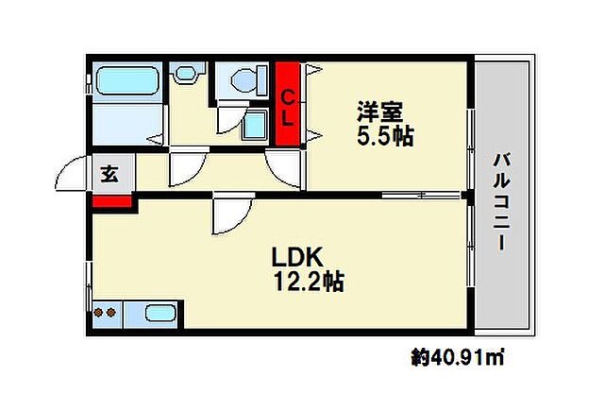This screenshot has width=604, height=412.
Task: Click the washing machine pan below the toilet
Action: coord(254,126)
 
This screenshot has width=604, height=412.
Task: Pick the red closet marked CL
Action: coord(290,104)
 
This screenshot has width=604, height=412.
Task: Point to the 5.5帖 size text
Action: coord(384,136)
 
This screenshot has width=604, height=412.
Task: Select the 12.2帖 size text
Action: coord(308,281)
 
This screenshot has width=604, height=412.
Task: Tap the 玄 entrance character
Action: coord(109,174)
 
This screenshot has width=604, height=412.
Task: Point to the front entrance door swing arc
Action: coord(72,175)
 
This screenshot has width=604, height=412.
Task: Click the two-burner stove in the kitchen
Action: coord(107,312)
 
